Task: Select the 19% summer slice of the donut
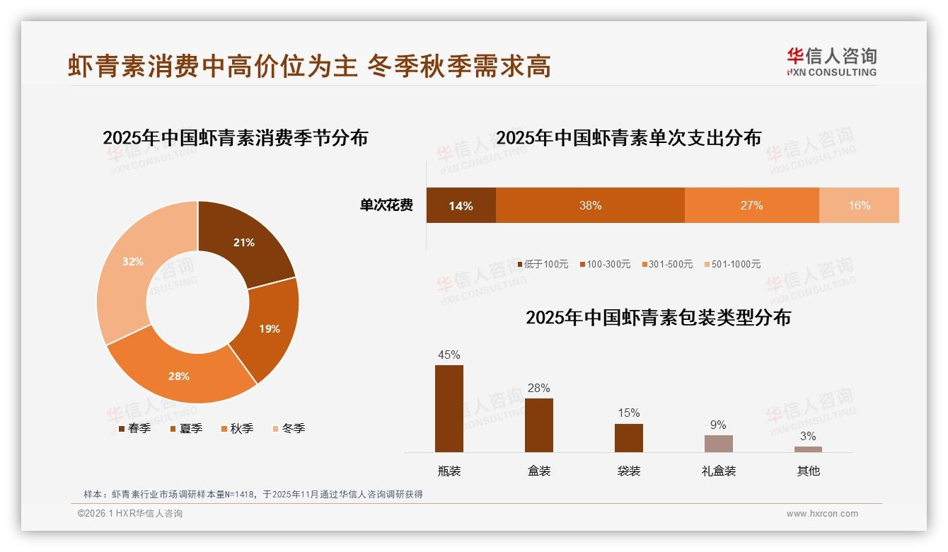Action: tap(268, 328)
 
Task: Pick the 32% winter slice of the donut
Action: tap(133, 262)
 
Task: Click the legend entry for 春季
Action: tap(134, 428)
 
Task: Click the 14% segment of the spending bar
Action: tap(461, 205)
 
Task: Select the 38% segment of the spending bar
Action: tap(590, 205)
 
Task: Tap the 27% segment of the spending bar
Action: tap(751, 205)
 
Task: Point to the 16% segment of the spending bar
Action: tap(859, 205)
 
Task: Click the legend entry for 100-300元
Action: tap(605, 264)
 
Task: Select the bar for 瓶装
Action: tap(449, 408)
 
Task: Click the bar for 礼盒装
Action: tap(718, 444)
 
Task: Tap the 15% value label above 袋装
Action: tap(628, 413)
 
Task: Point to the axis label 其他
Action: tap(808, 471)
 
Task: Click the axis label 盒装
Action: tap(539, 471)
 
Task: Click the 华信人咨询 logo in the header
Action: tap(831, 62)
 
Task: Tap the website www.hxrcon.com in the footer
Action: tap(822, 514)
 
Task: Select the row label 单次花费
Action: tap(386, 205)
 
